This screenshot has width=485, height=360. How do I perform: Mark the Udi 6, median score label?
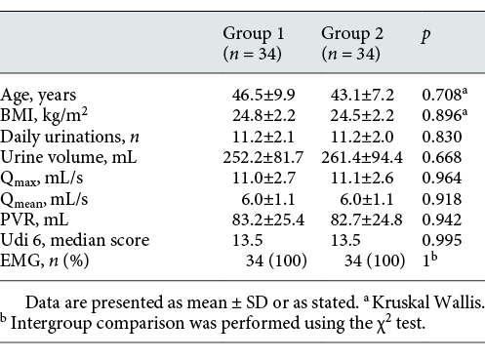(x=64, y=240)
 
